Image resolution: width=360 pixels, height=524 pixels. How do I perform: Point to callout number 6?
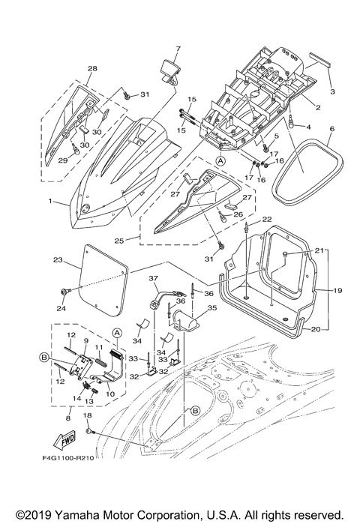click(x=331, y=128)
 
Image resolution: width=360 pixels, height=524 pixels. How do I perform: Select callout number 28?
click(x=93, y=69)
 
